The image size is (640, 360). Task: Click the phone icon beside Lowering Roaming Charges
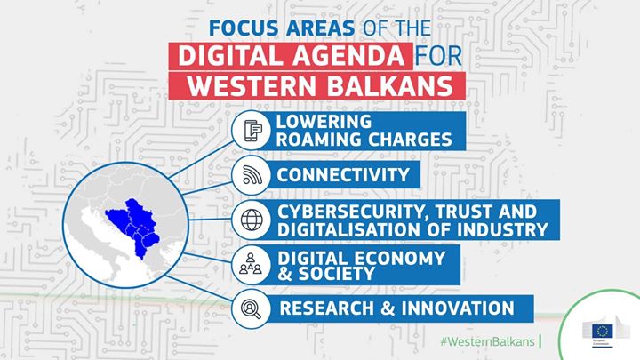click(x=252, y=131)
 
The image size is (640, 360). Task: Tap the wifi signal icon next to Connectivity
click(x=252, y=173)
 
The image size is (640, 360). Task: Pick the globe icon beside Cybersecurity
click(x=252, y=219)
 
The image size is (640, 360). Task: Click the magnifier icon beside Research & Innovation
click(x=252, y=309)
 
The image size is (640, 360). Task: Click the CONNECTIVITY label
click(x=343, y=174)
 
